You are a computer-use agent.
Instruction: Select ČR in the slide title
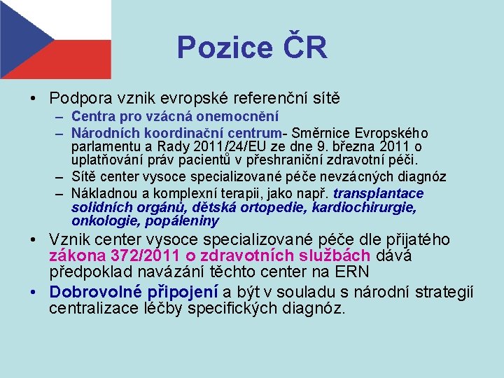304,48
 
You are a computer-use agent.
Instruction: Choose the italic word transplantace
379,193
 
